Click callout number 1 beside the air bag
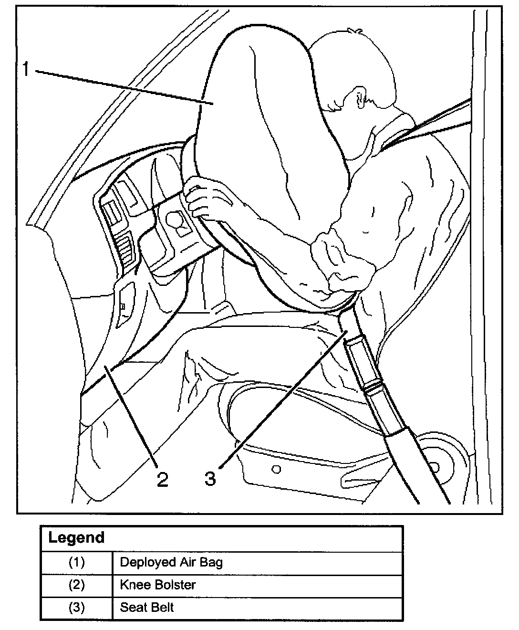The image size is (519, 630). [26, 70]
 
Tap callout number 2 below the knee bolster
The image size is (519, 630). [162, 479]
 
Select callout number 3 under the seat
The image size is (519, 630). [210, 478]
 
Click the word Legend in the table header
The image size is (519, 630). [76, 538]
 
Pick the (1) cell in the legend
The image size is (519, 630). [76, 562]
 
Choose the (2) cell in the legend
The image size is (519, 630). [76, 585]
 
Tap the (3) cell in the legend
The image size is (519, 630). [76, 608]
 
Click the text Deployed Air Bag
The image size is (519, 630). [171, 562]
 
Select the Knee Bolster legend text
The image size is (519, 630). [158, 585]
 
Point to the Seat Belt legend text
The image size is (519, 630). [146, 608]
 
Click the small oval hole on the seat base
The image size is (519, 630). [276, 470]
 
